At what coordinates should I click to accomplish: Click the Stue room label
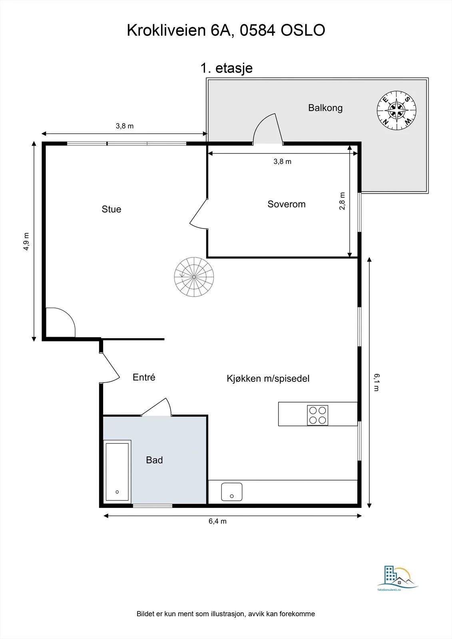click(112, 209)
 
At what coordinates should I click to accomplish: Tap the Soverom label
click(287, 204)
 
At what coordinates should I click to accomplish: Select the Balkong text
click(325, 108)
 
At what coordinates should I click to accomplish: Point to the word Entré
click(144, 377)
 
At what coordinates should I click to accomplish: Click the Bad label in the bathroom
click(154, 460)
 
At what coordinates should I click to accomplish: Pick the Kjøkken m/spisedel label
click(268, 379)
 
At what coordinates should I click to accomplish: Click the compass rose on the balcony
click(396, 110)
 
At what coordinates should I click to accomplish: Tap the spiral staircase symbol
click(194, 277)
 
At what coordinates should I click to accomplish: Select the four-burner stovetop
click(317, 415)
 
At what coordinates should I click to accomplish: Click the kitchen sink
click(231, 492)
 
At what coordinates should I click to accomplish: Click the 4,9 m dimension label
click(26, 242)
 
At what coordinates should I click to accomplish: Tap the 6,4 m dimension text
click(217, 521)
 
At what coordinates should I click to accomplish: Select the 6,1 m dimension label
click(376, 382)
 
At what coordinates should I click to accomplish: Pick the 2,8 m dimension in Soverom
click(342, 201)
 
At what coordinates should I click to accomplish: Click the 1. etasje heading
click(227, 68)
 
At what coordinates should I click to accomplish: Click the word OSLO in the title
click(303, 30)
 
